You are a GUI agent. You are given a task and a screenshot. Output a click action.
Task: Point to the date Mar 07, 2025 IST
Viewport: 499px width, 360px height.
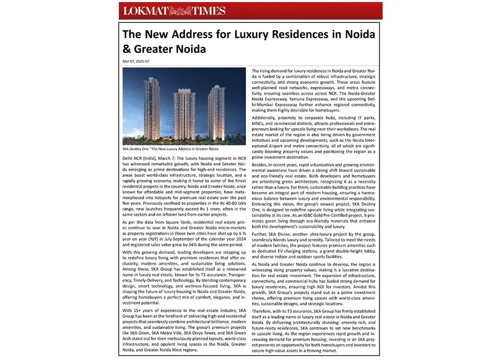click(136, 61)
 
